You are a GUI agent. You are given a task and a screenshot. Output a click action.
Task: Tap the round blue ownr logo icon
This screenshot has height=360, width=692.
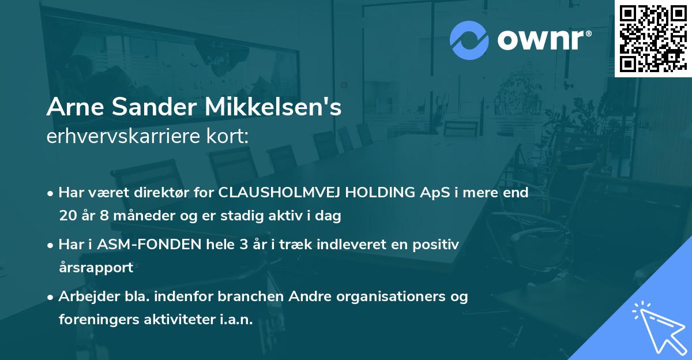coord(469,40)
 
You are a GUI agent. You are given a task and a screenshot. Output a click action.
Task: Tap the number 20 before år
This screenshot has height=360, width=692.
coord(67,216)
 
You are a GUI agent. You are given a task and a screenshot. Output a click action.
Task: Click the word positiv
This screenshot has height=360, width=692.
coord(438,245)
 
